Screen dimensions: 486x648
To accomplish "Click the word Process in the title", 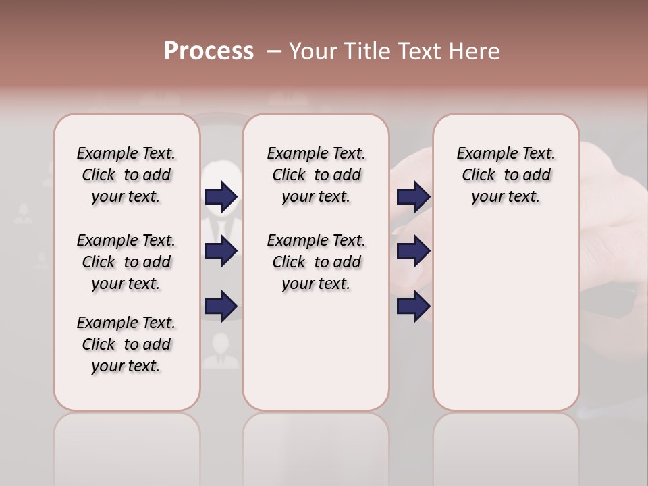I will [209, 51].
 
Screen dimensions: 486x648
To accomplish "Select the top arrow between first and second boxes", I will [221, 196].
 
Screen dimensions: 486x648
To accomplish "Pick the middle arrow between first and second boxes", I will [221, 252].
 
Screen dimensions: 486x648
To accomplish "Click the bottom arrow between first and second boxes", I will [221, 307].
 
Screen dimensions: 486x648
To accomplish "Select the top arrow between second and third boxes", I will [414, 196].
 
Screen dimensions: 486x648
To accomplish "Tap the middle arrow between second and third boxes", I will [414, 252].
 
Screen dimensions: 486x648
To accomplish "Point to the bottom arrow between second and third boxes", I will [414, 307].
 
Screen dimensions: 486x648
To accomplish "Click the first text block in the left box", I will [126, 175].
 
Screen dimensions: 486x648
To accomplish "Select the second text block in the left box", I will [126, 262].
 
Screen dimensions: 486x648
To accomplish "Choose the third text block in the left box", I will [126, 344].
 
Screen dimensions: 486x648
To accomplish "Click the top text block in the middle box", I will [316, 175].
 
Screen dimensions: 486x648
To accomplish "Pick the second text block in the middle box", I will [316, 262].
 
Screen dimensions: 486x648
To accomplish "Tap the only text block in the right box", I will [506, 175].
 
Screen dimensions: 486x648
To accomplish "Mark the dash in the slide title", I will [274, 51].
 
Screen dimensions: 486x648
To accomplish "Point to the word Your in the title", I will [311, 51].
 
